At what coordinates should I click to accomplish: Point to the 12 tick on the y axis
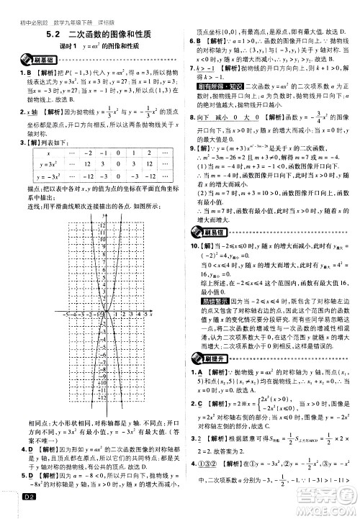click(x=102, y=227)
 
